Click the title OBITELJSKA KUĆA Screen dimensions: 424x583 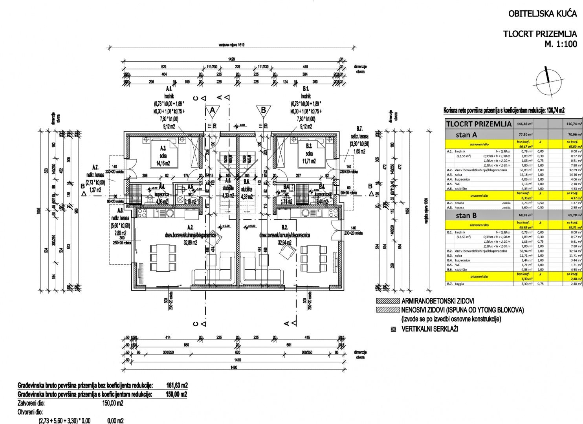[x=543, y=14]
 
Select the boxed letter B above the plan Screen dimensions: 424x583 [x=264, y=110]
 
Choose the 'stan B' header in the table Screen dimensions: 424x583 [x=466, y=227]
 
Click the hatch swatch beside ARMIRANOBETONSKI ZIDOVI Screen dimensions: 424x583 [x=387, y=302]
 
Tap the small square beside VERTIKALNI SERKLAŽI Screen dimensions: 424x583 [x=393, y=329]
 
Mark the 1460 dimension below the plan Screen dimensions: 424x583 [x=234, y=367]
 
